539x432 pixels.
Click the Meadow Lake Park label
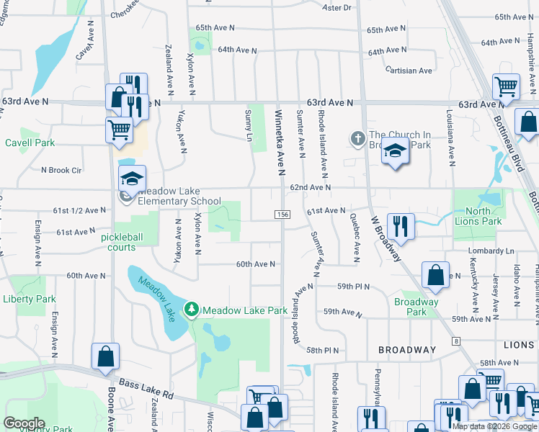click(x=245, y=310)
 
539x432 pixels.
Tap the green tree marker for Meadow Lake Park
click(x=191, y=310)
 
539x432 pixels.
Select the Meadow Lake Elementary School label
click(x=179, y=196)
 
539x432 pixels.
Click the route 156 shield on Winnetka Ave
click(x=282, y=215)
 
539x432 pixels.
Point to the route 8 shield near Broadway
click(x=456, y=340)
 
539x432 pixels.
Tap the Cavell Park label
click(x=30, y=143)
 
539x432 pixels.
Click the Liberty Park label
click(x=30, y=299)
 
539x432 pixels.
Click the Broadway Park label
click(x=416, y=307)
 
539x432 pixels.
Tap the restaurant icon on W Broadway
click(x=401, y=225)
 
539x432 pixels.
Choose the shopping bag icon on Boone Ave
click(x=105, y=356)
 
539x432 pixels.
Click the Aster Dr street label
click(x=336, y=8)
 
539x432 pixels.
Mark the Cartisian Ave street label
click(x=409, y=71)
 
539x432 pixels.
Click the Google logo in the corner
click(x=24, y=423)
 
